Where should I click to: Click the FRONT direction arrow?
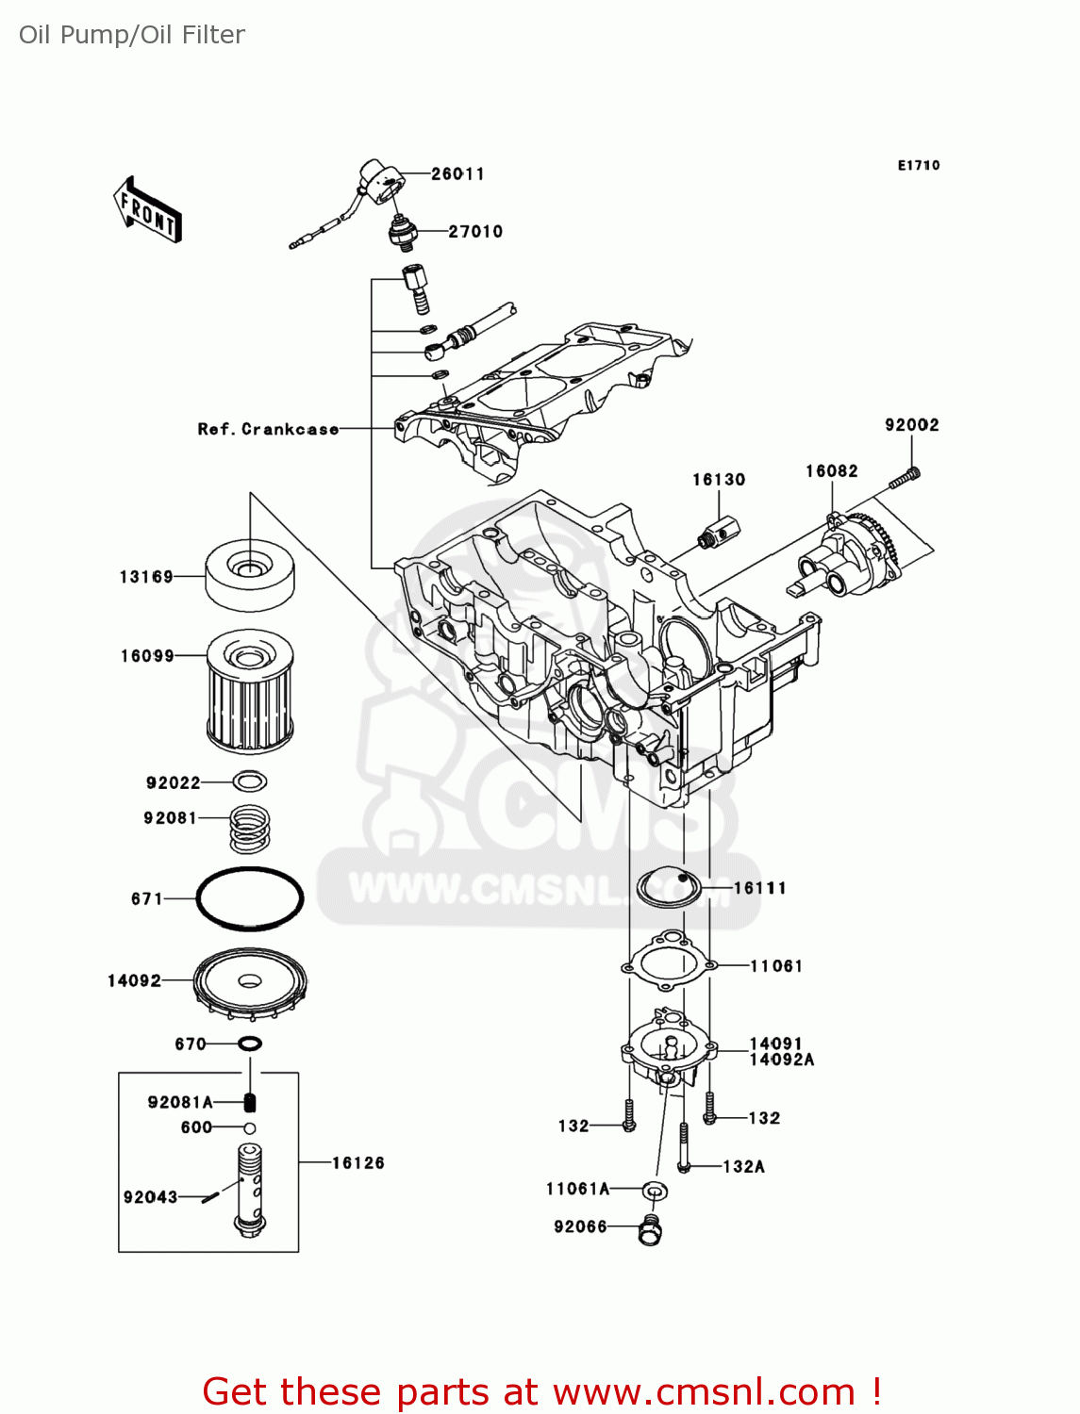point(147,209)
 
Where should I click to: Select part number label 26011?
point(457,173)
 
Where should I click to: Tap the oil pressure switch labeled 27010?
point(403,232)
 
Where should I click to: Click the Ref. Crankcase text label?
point(268,429)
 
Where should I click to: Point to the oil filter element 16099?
point(250,693)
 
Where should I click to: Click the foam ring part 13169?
point(250,574)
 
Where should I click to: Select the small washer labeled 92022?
point(250,781)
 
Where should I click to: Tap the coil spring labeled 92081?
point(250,827)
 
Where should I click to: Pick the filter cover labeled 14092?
point(250,984)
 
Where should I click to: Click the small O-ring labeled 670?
point(250,1044)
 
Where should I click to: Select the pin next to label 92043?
point(211,1196)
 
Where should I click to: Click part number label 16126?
point(357,1162)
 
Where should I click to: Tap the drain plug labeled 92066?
point(650,1229)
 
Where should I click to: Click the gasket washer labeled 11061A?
point(656,1191)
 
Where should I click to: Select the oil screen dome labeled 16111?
point(670,887)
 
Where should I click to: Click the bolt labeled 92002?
point(904,479)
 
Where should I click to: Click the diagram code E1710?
point(918,165)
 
